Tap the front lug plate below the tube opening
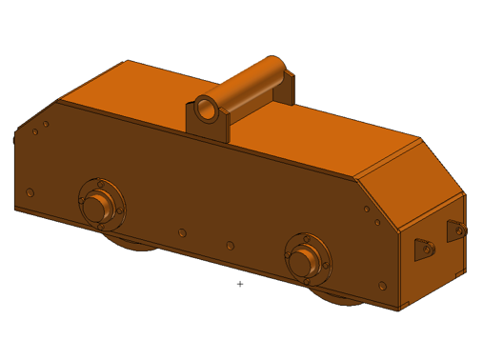[x=208, y=128]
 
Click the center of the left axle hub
[x=96, y=206]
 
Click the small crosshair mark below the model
[x=240, y=284]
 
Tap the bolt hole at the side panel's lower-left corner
[x=30, y=192]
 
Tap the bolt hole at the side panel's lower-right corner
[x=382, y=285]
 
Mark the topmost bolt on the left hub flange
[x=100, y=181]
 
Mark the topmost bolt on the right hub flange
[x=309, y=234]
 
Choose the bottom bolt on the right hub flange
[x=308, y=281]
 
